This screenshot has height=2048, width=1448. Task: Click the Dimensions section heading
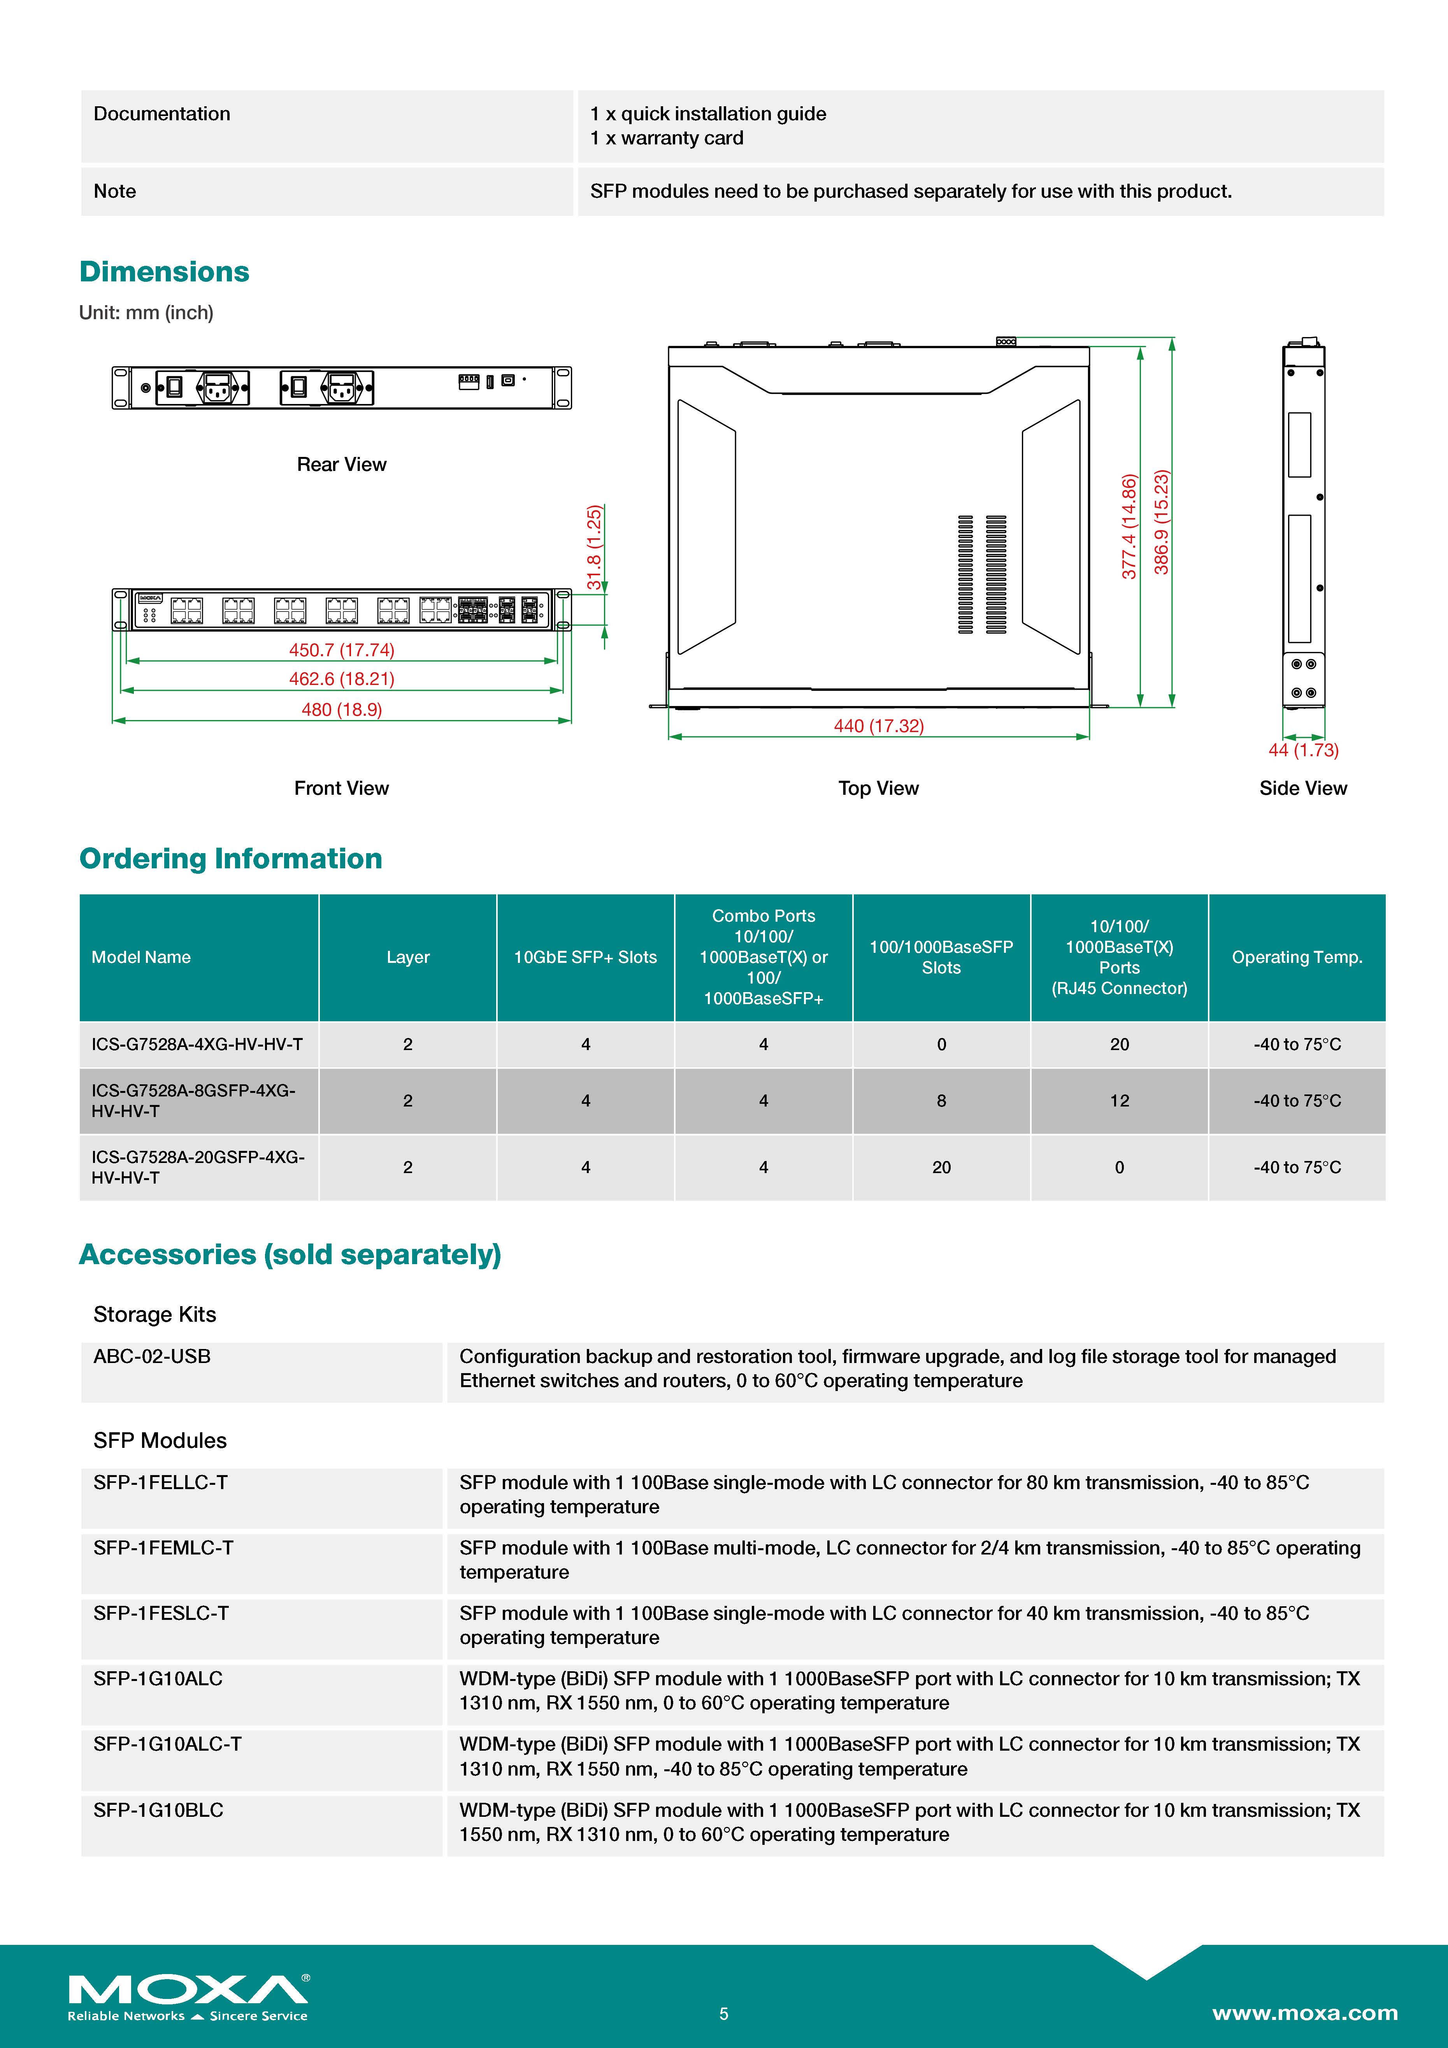point(164,271)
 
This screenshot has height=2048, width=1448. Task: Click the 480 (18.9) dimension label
point(342,709)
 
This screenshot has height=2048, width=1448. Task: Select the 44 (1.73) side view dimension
point(1303,750)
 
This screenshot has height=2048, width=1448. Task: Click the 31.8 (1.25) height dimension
point(594,548)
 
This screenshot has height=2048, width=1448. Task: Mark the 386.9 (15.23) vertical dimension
point(1161,523)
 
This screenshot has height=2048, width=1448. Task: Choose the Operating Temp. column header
point(1296,957)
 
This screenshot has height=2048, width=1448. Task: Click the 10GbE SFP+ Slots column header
point(585,957)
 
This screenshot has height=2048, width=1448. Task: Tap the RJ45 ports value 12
point(1119,1101)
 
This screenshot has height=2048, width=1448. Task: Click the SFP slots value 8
point(942,1101)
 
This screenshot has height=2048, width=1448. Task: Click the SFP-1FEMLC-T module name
point(163,1547)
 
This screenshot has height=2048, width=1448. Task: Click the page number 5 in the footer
point(724,2013)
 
